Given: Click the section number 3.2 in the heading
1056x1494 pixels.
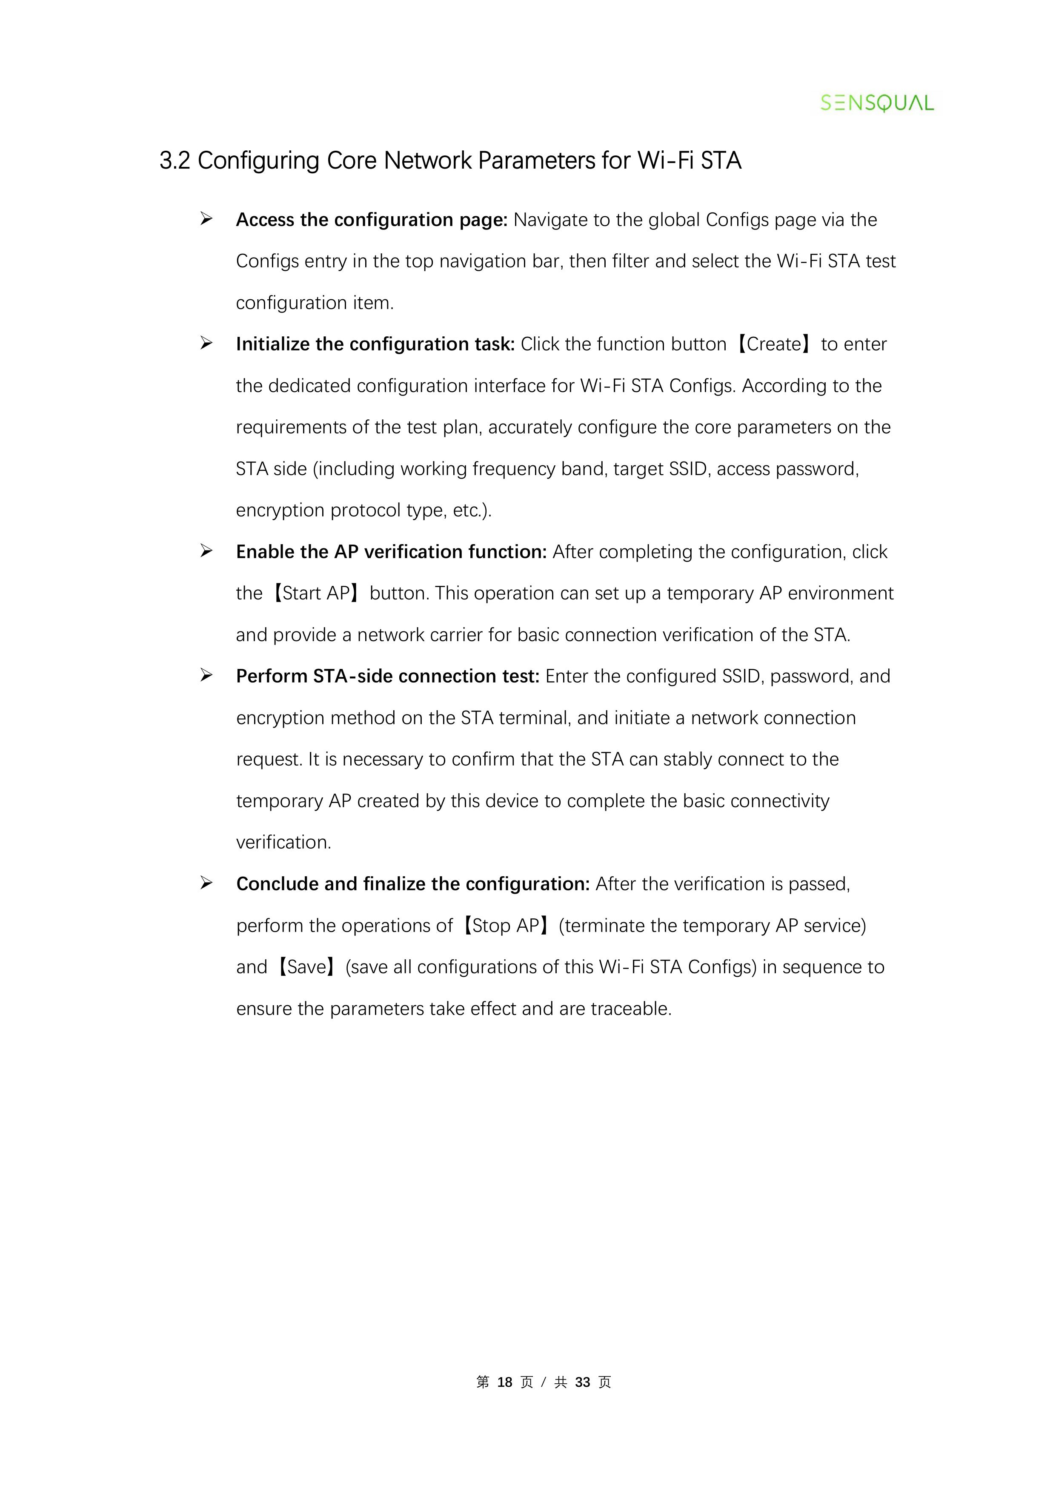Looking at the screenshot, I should coord(175,161).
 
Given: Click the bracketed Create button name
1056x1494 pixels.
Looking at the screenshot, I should coord(774,344).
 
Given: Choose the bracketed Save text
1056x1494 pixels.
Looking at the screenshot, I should coord(306,967).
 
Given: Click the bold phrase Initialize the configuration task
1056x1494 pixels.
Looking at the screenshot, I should coord(375,344).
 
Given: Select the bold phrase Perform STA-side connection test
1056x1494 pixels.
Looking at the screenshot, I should coord(388,677).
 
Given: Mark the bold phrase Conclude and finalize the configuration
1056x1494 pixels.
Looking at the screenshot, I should coord(412,883).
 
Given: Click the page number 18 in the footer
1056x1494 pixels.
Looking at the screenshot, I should coord(505,1382).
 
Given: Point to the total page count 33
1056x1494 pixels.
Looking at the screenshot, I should coord(582,1382).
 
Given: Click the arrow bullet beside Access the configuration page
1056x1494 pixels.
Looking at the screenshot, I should coord(206,219).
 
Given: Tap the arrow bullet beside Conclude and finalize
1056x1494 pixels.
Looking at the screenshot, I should coord(206,883).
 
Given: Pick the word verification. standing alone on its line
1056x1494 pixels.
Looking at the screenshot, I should coord(283,843).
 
